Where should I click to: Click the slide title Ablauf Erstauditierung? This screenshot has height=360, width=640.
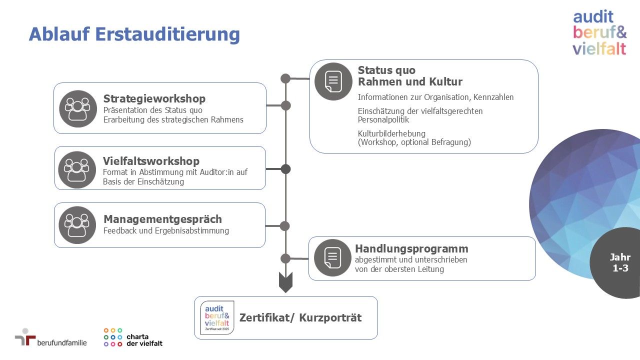(134, 35)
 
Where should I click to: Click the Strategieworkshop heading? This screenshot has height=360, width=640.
(154, 99)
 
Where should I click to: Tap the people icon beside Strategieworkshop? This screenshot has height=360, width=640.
(78, 109)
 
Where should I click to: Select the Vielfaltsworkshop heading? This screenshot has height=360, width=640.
(151, 161)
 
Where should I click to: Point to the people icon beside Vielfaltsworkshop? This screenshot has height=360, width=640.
(77, 170)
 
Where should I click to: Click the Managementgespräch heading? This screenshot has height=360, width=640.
(162, 219)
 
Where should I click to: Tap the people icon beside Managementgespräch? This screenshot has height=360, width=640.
(77, 225)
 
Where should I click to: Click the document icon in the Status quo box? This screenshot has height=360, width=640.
(333, 81)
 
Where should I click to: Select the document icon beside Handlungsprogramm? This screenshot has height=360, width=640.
(332, 257)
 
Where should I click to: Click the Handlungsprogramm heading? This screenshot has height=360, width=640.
(411, 249)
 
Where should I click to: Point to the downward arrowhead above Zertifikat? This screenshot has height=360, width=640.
(285, 282)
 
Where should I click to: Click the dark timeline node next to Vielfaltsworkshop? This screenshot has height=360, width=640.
(285, 169)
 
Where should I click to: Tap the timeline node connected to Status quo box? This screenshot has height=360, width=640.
(285, 78)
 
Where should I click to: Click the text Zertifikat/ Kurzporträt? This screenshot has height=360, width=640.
(300, 317)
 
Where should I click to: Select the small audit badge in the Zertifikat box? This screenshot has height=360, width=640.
(217, 317)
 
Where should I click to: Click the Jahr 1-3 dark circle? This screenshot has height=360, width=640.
(617, 263)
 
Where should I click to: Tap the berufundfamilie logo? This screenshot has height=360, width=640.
(51, 337)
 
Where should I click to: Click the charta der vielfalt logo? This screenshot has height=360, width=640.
(133, 337)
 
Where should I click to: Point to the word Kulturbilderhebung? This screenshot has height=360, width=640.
(391, 133)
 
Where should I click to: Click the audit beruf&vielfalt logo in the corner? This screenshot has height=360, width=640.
(599, 32)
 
